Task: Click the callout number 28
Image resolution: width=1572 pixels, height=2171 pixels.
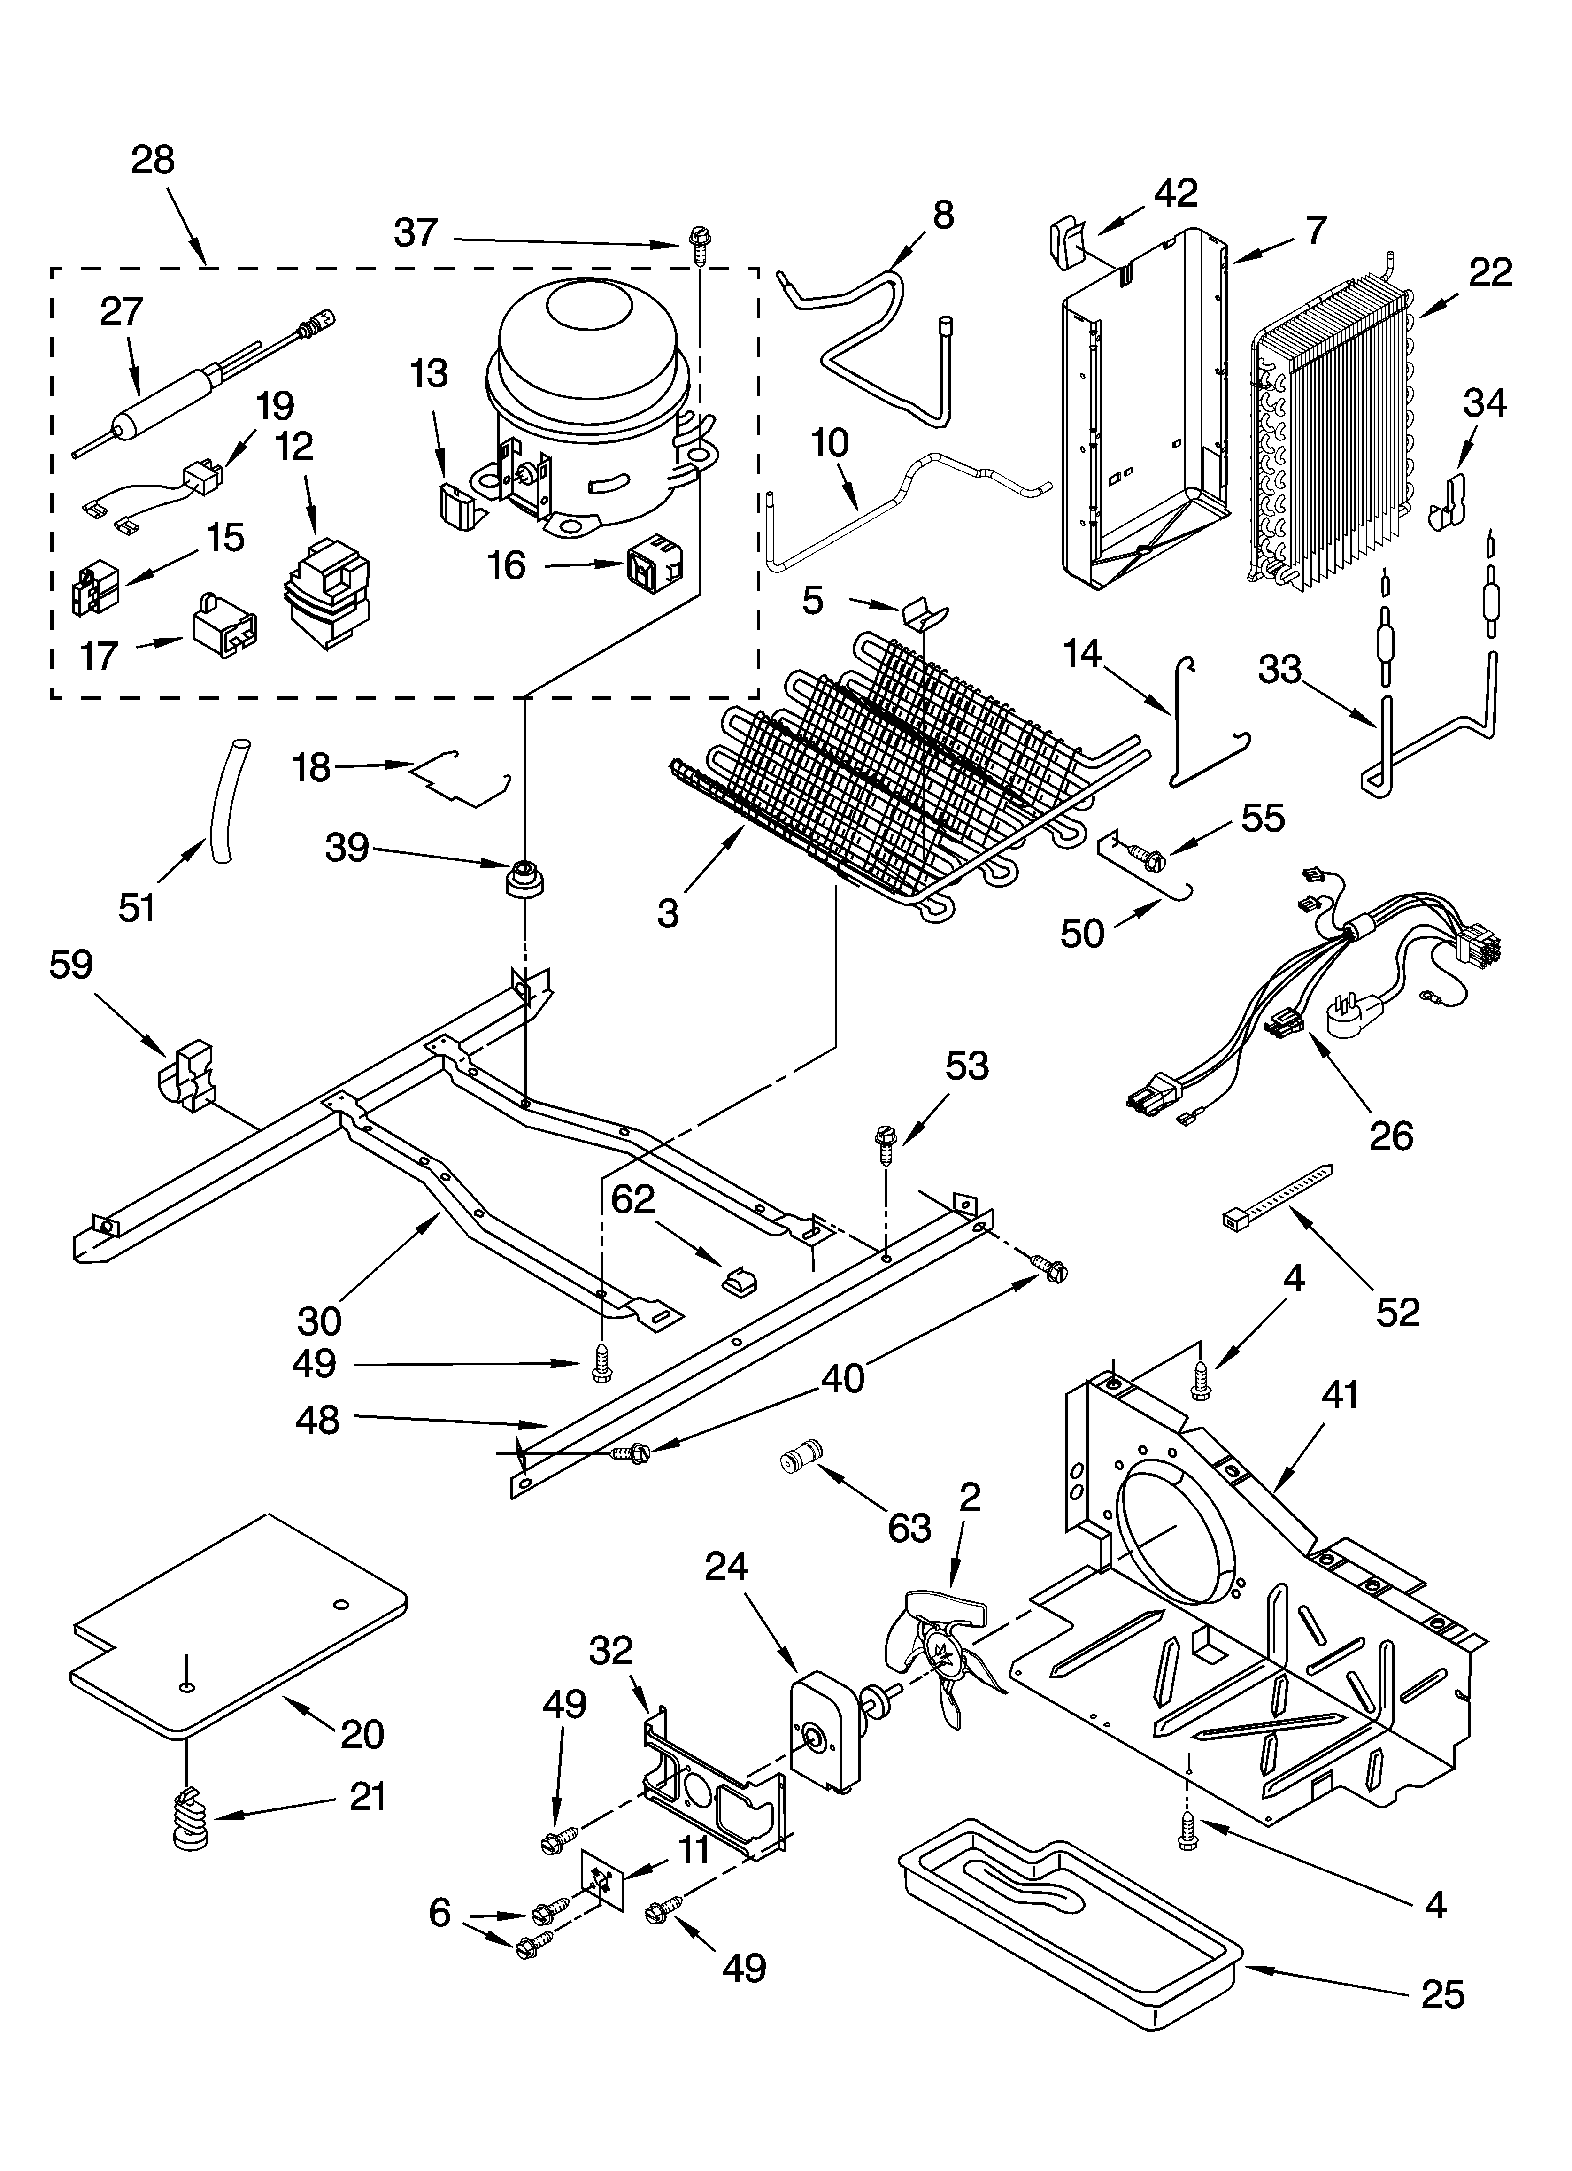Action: [x=153, y=159]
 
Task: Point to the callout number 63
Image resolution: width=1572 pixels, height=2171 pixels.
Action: [x=909, y=1529]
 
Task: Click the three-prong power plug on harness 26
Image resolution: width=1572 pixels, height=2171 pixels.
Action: [x=1352, y=1011]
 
